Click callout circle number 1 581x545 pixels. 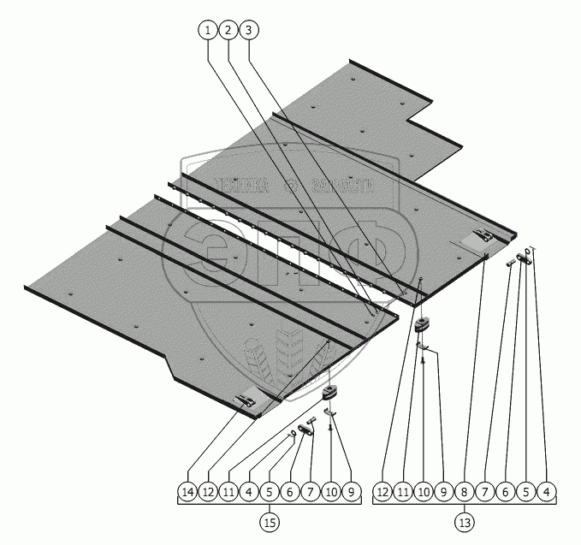207,30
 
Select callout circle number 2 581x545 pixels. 228,30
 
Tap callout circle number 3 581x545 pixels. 248,30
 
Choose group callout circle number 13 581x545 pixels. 465,520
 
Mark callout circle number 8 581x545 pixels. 465,492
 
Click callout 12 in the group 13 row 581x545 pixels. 382,492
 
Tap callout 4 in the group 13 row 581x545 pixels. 547,492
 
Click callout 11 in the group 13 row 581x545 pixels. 403,492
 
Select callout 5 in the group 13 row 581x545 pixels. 526,492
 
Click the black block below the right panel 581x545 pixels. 423,324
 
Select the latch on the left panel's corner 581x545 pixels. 247,398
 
